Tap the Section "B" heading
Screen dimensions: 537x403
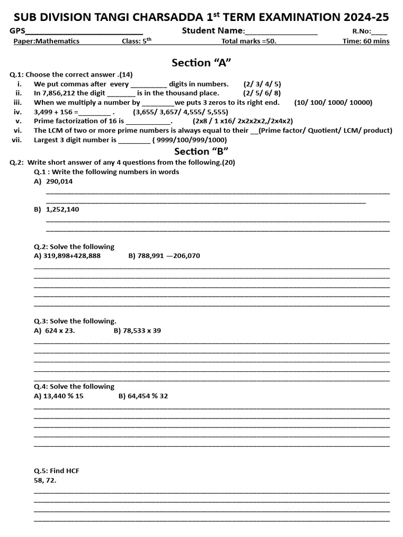pos(202,152)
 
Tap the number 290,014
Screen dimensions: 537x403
pos(59,181)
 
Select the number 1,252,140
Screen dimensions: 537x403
pos(62,209)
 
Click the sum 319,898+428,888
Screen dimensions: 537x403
pos(67,256)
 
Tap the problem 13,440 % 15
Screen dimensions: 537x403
pos(58,396)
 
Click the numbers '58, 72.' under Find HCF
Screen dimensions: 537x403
pos(45,480)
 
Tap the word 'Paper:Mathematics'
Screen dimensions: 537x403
pos(47,41)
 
